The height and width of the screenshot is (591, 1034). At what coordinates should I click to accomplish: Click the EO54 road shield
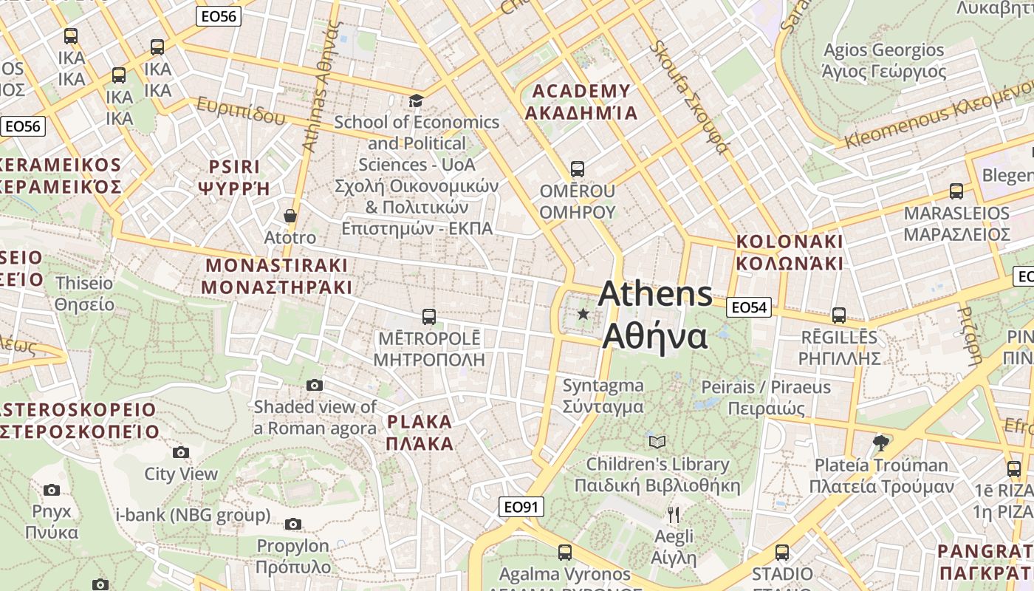[x=749, y=307]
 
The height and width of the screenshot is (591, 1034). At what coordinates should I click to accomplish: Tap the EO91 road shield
[x=521, y=507]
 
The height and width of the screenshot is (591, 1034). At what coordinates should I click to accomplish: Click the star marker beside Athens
[x=583, y=314]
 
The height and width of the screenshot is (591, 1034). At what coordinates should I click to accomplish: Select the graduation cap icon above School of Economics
[x=417, y=100]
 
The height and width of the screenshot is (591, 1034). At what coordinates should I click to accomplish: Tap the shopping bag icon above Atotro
[x=290, y=216]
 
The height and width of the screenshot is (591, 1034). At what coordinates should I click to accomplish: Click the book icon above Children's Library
[x=657, y=442]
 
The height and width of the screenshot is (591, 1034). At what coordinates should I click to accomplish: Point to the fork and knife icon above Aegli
[x=673, y=513]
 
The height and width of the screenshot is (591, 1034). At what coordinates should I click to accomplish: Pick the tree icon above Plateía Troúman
[x=880, y=443]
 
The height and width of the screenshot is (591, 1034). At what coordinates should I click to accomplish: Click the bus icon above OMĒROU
[x=577, y=169]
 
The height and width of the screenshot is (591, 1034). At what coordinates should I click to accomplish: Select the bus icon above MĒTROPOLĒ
[x=428, y=317]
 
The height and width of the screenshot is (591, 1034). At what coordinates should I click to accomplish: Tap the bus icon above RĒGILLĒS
[x=838, y=315]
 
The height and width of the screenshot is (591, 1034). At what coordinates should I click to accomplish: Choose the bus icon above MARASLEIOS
[x=956, y=191]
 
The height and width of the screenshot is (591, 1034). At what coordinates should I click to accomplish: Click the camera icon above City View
[x=180, y=452]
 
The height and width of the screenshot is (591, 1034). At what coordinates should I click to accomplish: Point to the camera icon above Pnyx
[x=51, y=489]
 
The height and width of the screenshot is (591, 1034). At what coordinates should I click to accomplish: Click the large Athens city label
[x=655, y=315]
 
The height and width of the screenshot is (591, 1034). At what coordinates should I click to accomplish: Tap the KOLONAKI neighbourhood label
[x=789, y=252]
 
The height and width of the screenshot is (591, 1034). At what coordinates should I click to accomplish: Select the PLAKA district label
[x=419, y=432]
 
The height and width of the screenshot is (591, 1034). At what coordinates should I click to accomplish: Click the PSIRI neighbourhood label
[x=234, y=177]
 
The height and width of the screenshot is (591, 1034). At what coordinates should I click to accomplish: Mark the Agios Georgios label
[x=883, y=61]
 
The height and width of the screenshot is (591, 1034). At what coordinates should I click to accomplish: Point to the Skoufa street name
[x=688, y=96]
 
